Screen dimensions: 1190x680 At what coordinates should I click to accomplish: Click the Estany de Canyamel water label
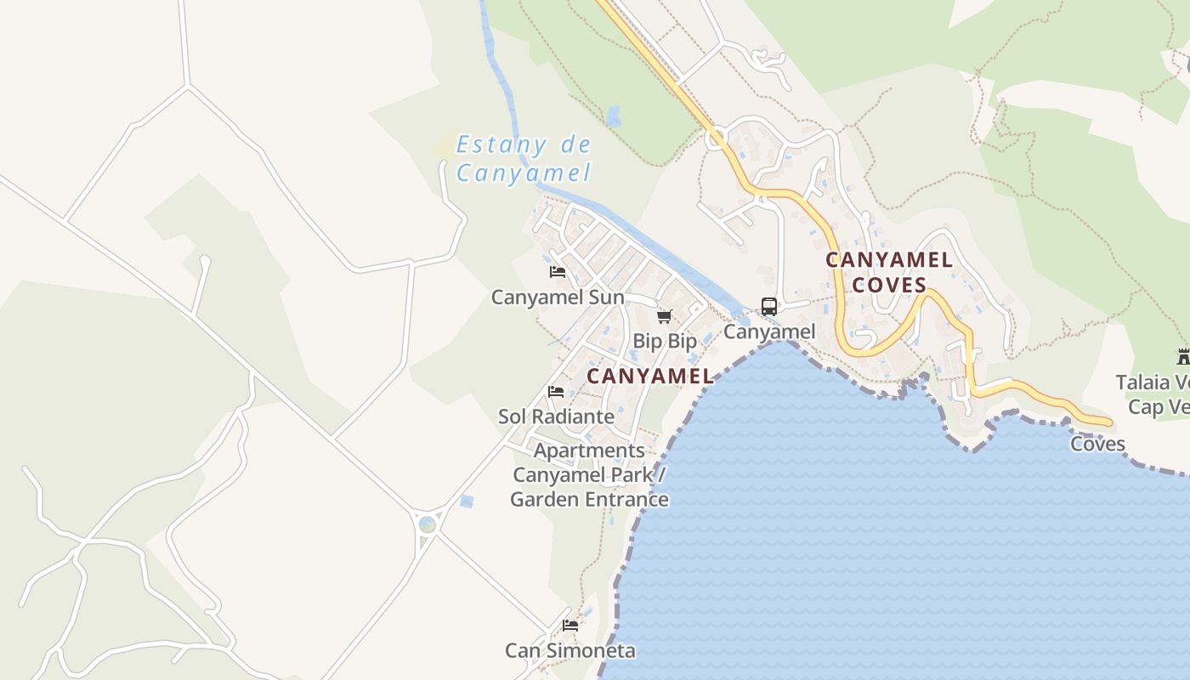(x=523, y=158)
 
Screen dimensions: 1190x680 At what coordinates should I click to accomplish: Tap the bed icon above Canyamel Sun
(x=558, y=272)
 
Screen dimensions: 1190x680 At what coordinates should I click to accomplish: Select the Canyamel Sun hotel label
(x=558, y=297)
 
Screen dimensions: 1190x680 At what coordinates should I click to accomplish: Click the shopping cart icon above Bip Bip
(x=665, y=316)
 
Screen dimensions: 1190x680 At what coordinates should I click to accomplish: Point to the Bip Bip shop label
(x=665, y=341)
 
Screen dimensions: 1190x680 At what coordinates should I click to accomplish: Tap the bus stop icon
(x=769, y=307)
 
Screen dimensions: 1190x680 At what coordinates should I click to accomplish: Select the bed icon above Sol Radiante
(x=556, y=391)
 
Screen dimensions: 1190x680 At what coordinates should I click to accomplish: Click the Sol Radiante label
(x=556, y=416)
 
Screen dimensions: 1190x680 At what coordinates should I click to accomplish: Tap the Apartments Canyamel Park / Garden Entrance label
(x=590, y=474)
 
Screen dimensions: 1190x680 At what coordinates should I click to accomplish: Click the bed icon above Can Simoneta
(x=570, y=626)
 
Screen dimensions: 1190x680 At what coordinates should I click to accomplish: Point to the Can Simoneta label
(x=570, y=651)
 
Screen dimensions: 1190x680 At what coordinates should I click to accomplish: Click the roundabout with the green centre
(x=428, y=524)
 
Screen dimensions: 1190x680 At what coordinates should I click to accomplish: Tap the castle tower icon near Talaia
(x=1183, y=356)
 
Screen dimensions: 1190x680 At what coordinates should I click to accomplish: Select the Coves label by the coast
(x=1097, y=444)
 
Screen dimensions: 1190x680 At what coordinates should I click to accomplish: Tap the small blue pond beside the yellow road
(x=614, y=116)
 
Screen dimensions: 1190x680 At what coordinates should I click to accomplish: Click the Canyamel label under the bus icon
(x=769, y=331)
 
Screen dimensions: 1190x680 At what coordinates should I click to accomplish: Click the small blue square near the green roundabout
(x=466, y=501)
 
